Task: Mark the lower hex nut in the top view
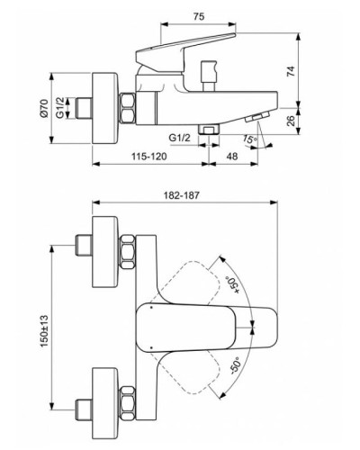[126, 417]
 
